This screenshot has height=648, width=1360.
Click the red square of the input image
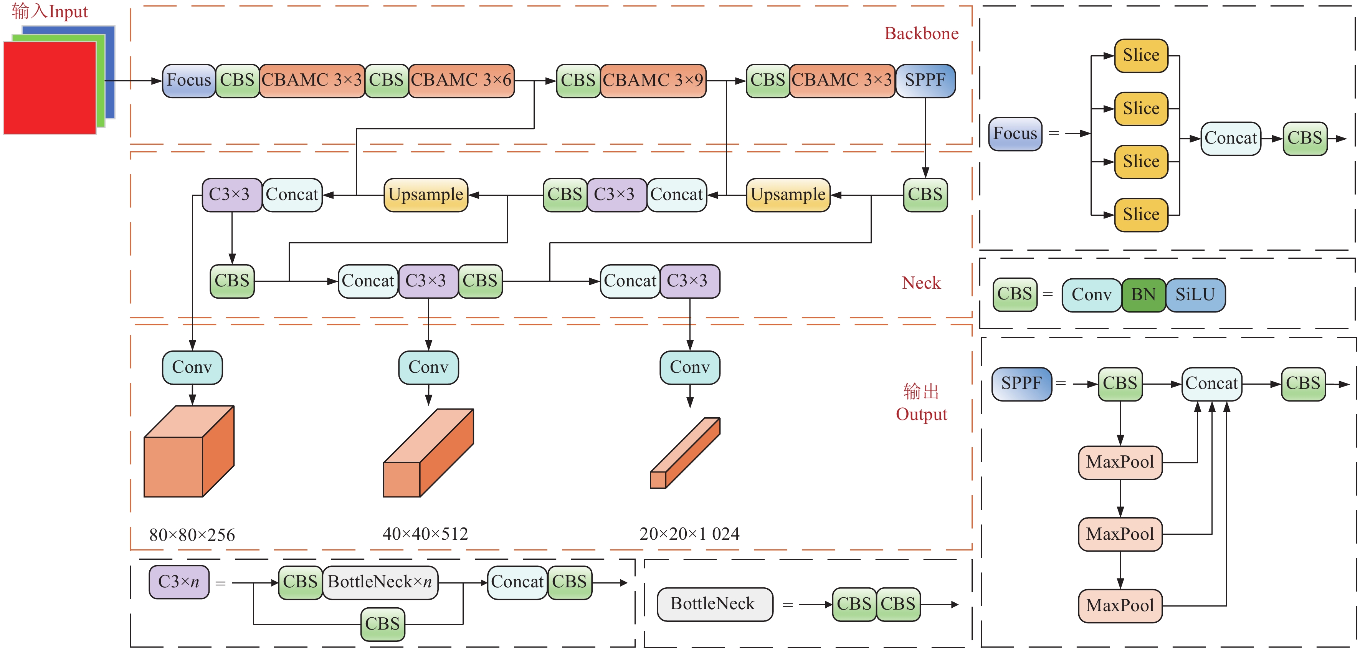point(50,87)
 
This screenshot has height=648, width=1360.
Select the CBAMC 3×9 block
point(653,81)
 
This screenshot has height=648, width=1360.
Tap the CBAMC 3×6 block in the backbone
point(461,81)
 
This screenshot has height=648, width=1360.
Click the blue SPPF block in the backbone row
point(925,81)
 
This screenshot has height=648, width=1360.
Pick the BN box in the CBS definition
point(1144,295)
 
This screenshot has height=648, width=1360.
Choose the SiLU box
point(1195,295)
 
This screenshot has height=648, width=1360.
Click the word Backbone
point(921,34)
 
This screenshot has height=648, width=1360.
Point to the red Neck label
point(921,283)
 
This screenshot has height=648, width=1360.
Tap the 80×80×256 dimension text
point(192,535)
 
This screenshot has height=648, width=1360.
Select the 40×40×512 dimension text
point(425,534)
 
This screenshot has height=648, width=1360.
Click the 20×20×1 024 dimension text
point(689,534)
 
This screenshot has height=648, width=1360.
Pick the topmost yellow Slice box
point(1141,55)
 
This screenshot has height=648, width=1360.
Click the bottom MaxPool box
point(1120,606)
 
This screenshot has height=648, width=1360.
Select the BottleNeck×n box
point(380,582)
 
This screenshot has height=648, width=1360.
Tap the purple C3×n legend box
point(179,582)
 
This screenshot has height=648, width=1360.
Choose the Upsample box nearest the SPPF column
point(788,195)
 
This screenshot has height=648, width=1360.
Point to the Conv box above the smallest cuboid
point(689,367)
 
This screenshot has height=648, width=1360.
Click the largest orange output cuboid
point(188,451)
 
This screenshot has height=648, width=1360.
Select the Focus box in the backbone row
point(188,81)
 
